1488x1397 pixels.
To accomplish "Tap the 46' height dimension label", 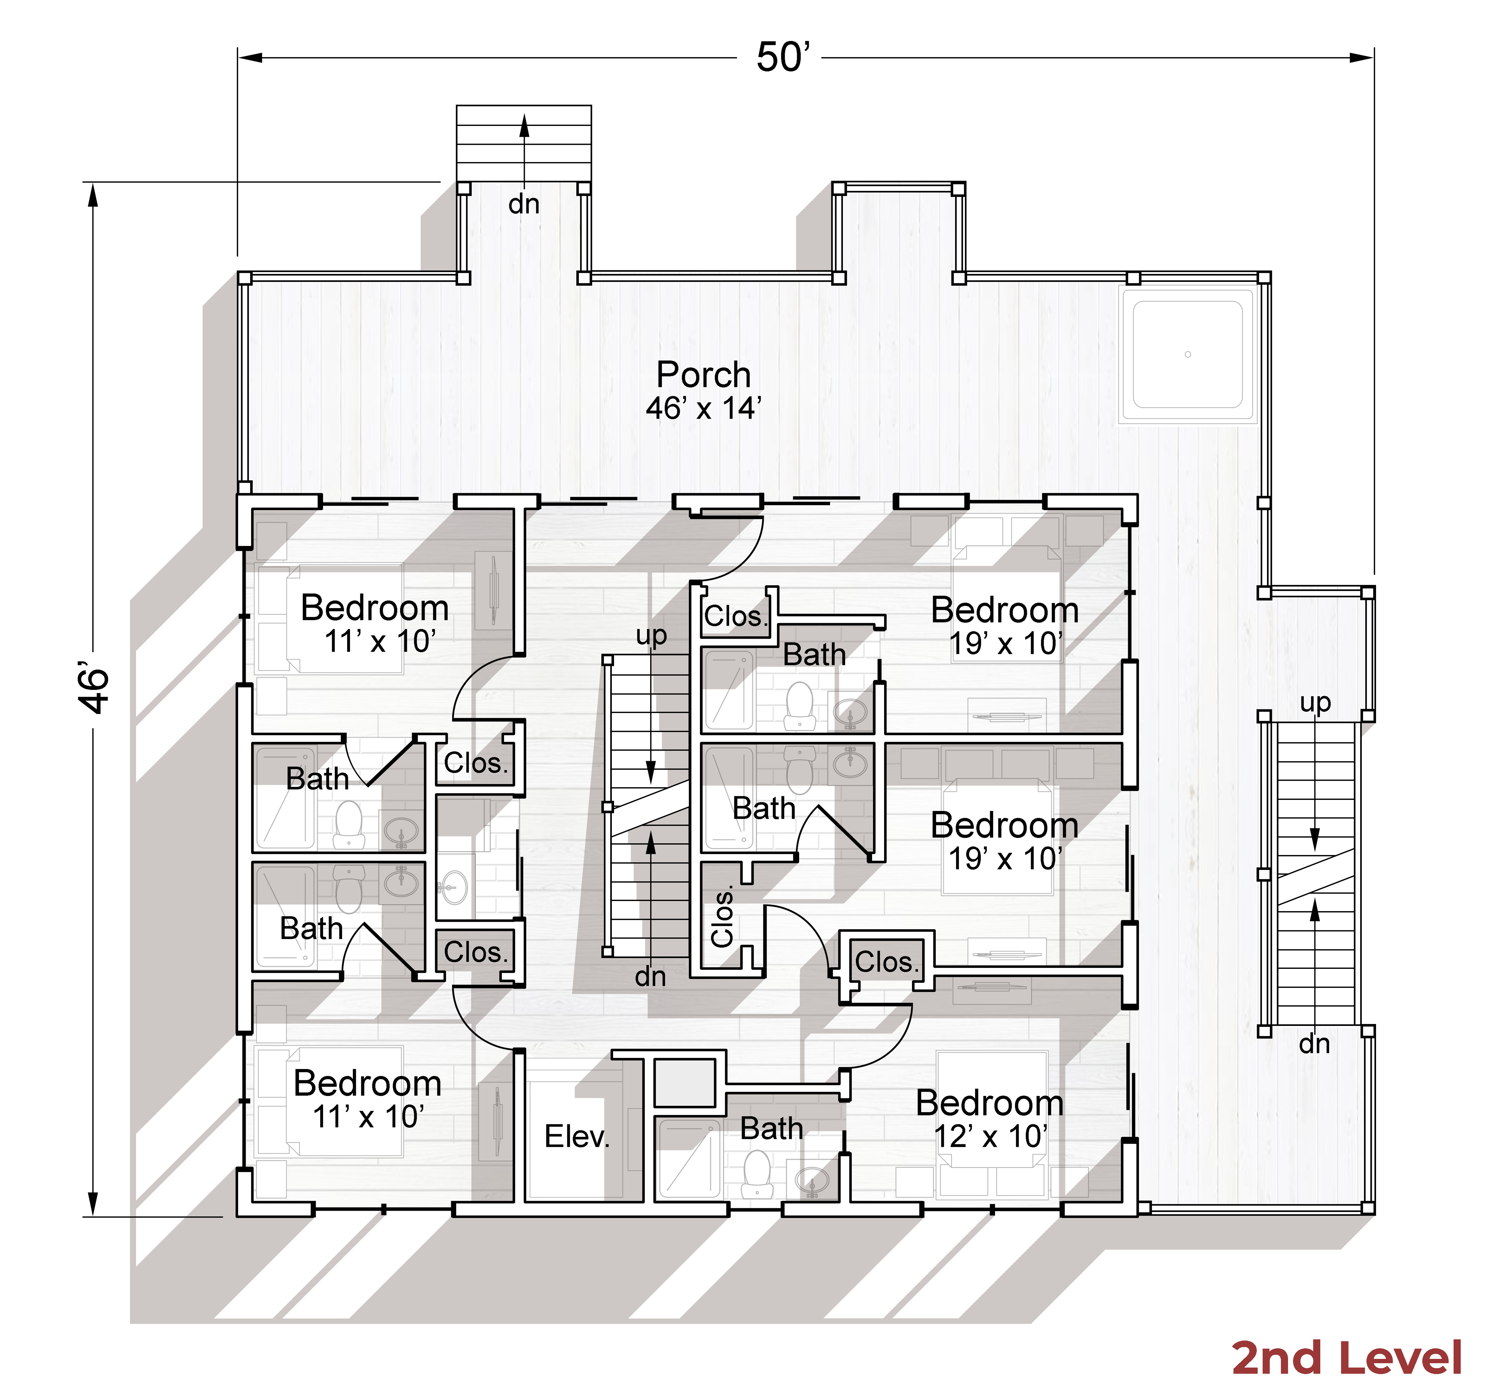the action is click(94, 687).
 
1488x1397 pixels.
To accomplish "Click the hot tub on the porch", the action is click(1188, 354).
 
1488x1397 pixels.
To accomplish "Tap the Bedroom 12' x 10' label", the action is click(990, 1119).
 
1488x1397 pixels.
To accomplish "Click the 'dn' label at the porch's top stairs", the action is click(524, 204).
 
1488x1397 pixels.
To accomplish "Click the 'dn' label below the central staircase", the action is click(650, 976).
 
